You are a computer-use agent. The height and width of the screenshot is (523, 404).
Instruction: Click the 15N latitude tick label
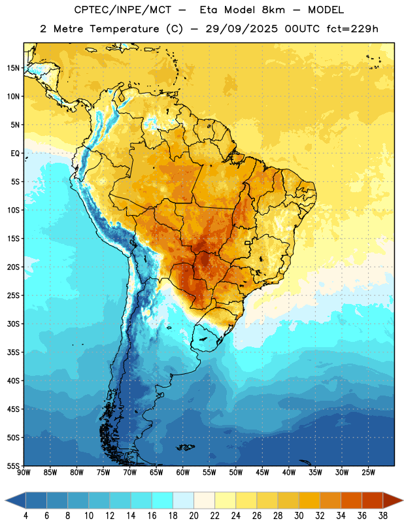click(x=13, y=68)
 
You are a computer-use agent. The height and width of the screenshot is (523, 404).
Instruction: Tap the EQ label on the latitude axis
click(x=15, y=154)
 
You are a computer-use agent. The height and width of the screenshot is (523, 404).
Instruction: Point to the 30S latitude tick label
click(x=13, y=324)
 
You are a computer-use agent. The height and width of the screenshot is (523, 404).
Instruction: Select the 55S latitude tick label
click(x=13, y=465)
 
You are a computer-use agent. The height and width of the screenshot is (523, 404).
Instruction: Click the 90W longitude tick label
click(x=24, y=472)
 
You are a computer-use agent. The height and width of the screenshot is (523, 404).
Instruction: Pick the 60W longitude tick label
click(x=183, y=472)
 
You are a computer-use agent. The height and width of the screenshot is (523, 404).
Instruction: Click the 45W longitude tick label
click(x=262, y=472)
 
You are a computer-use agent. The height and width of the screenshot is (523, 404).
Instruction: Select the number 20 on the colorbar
click(x=194, y=516)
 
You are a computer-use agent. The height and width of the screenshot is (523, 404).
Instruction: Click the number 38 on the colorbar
click(x=383, y=516)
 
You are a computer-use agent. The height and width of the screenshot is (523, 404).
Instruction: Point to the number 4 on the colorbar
click(x=25, y=516)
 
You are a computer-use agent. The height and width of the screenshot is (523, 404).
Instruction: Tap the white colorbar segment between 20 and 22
click(x=204, y=500)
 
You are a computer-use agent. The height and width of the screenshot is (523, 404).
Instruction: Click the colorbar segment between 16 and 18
click(x=162, y=500)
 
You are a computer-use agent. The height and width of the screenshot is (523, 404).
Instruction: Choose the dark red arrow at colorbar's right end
click(x=393, y=500)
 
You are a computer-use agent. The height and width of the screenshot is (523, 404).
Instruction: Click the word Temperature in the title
click(x=124, y=29)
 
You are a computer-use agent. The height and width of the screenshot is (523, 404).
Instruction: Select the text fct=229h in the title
click(x=352, y=29)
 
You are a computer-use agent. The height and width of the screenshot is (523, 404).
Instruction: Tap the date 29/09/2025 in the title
click(x=241, y=29)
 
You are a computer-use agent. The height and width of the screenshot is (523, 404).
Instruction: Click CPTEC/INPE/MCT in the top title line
click(x=122, y=10)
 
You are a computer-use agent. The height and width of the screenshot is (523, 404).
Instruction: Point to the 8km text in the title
click(x=273, y=10)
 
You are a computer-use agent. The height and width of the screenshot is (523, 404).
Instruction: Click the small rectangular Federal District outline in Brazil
click(x=248, y=243)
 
